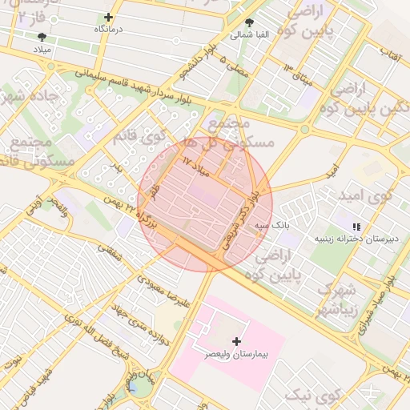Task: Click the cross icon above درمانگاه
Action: pos(109,17)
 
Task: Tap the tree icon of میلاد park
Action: pos(42,36)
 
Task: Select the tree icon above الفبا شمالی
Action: pos(250,22)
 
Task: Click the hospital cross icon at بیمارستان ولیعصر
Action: pos(235,341)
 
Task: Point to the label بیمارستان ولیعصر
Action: pos(236,353)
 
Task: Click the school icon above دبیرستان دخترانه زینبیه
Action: pos(356,227)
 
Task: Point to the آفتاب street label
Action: pos(390,53)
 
